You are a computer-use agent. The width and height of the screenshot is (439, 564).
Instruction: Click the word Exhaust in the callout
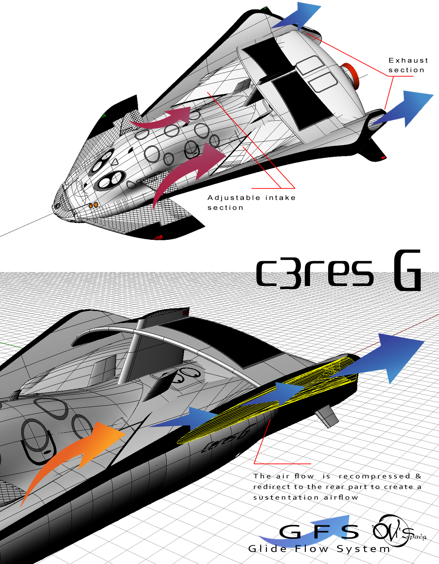tap(408, 61)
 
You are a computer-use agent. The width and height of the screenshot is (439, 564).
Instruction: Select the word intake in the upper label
tap(280, 198)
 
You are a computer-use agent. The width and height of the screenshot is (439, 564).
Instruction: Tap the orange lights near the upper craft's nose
tap(93, 205)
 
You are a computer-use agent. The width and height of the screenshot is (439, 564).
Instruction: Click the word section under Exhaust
tap(406, 70)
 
